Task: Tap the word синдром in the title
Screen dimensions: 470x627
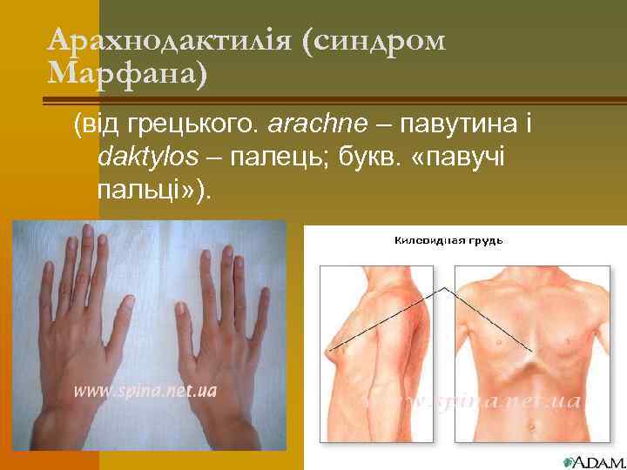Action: point(374,41)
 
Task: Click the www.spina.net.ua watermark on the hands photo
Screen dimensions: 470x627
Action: point(145,391)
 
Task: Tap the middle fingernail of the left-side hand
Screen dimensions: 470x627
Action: point(86,232)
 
